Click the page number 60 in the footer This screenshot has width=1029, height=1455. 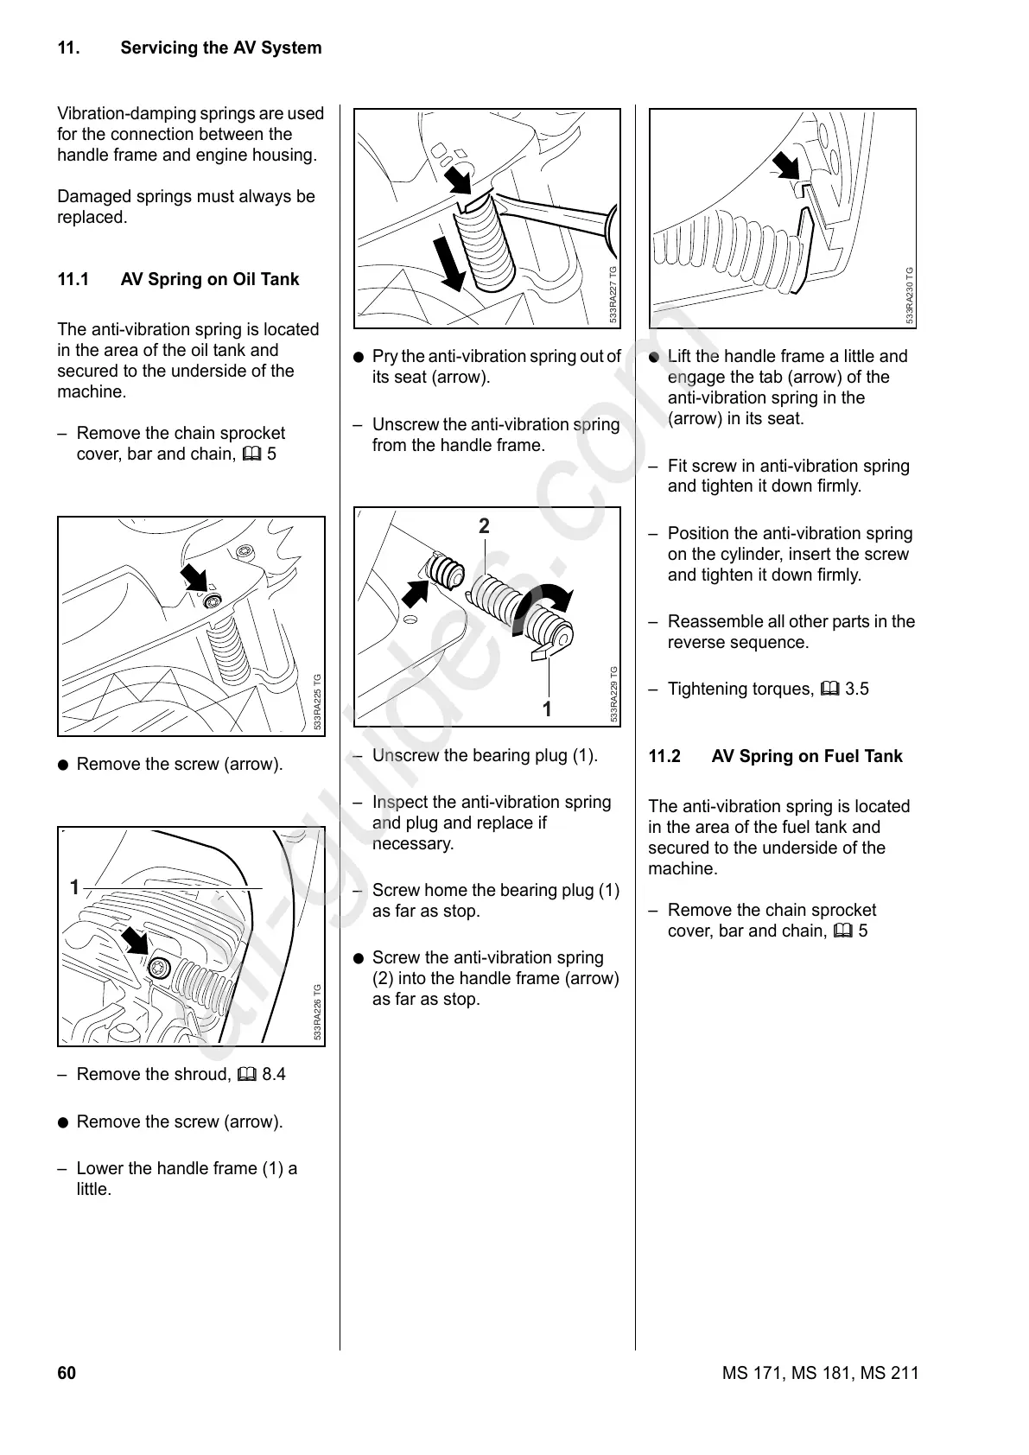[x=67, y=1374]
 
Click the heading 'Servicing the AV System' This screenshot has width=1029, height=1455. [x=220, y=48]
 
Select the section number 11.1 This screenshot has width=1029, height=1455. [x=73, y=280]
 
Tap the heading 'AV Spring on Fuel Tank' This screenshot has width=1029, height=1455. [x=806, y=757]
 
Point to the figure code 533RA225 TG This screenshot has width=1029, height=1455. [x=318, y=702]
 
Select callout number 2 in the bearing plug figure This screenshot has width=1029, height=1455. [x=484, y=526]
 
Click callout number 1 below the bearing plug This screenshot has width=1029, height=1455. [x=546, y=709]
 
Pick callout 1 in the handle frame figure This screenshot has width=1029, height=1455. [x=74, y=887]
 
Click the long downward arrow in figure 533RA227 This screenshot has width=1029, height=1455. [x=448, y=261]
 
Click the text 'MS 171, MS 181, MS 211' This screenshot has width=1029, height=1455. [x=820, y=1374]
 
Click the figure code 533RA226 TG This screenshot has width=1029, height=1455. [x=318, y=1013]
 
